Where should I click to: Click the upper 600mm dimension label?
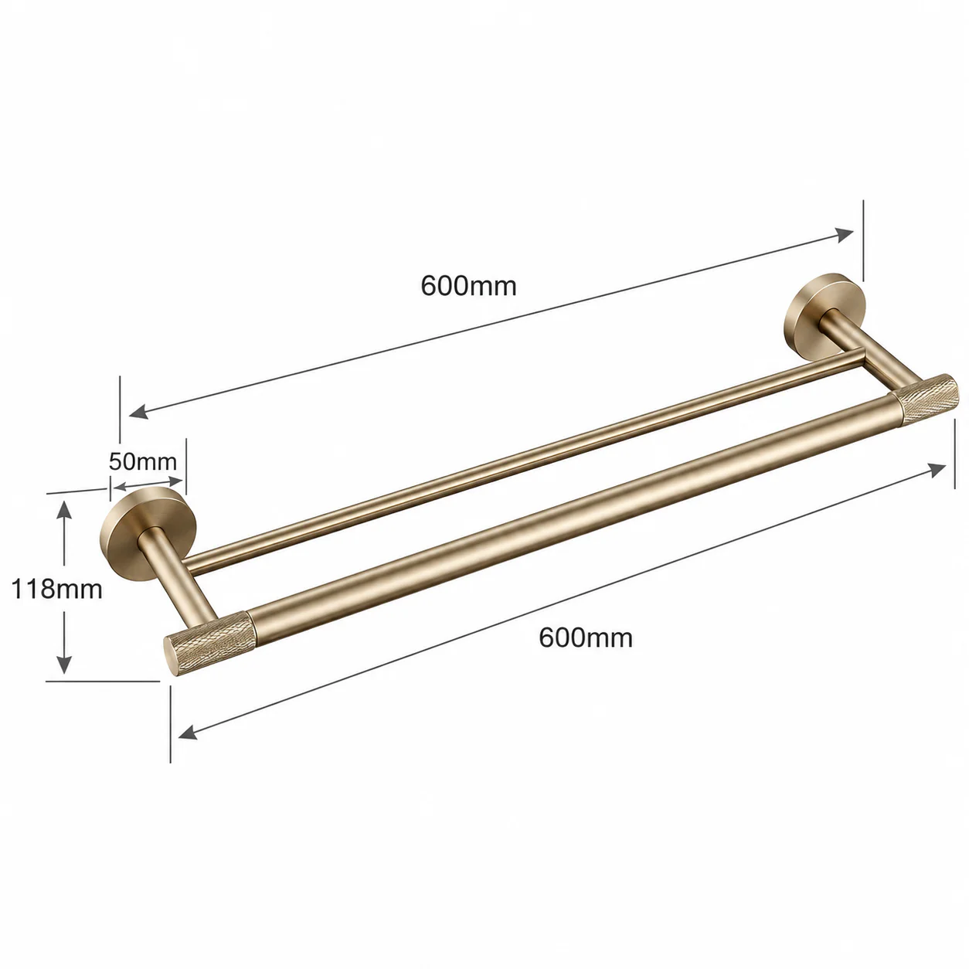point(468,286)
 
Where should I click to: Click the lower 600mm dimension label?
point(585,638)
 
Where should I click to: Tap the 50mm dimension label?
point(143,461)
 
